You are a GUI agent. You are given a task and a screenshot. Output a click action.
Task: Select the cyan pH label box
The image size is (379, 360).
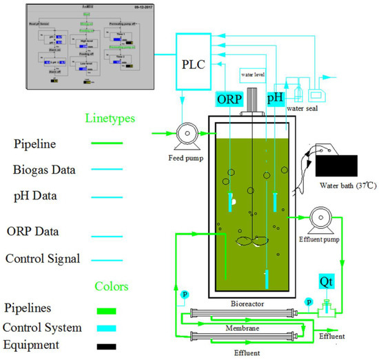click(x=276, y=99)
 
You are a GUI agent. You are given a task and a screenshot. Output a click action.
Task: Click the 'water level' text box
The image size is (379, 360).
click(x=254, y=72)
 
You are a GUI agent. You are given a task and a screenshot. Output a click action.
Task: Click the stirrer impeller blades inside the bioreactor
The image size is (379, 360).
click(x=251, y=242)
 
